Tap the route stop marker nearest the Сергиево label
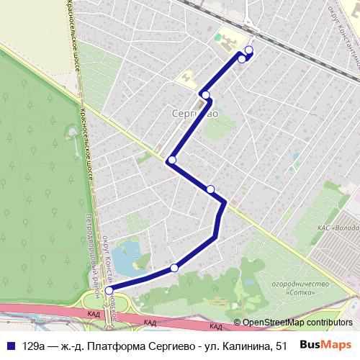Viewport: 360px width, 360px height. click(205, 95)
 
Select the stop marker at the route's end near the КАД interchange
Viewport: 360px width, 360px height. click(109, 290)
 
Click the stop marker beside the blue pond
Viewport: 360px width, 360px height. click(174, 268)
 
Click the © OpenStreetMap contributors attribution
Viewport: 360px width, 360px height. click(292, 323)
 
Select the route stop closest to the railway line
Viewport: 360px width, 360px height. click(249, 50)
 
